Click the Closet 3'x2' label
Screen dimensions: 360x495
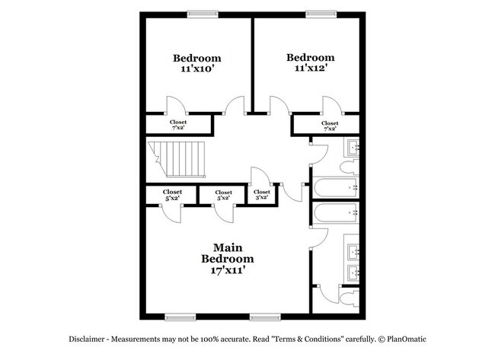click(261, 195)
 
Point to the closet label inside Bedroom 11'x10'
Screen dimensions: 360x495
click(178, 124)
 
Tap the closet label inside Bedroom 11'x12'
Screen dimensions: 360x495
click(330, 126)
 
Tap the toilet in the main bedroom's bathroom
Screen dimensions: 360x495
click(351, 299)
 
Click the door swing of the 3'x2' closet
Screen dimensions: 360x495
click(257, 174)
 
